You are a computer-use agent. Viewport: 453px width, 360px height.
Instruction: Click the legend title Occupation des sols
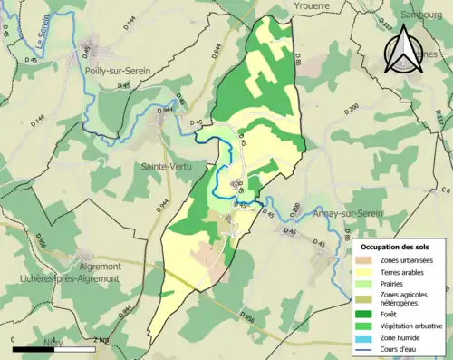[397, 246]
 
